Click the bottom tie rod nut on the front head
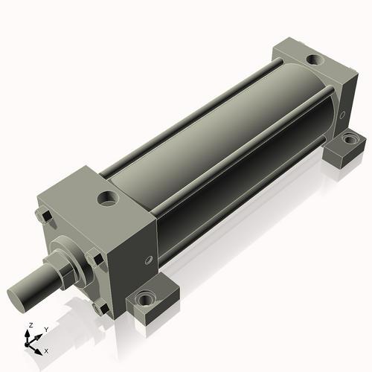pos(97,306)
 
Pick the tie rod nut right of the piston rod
pos(94,259)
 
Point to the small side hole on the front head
pos(149,260)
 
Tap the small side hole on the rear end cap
pos(342,115)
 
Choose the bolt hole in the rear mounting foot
pos(348,138)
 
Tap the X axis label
pos(46,350)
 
